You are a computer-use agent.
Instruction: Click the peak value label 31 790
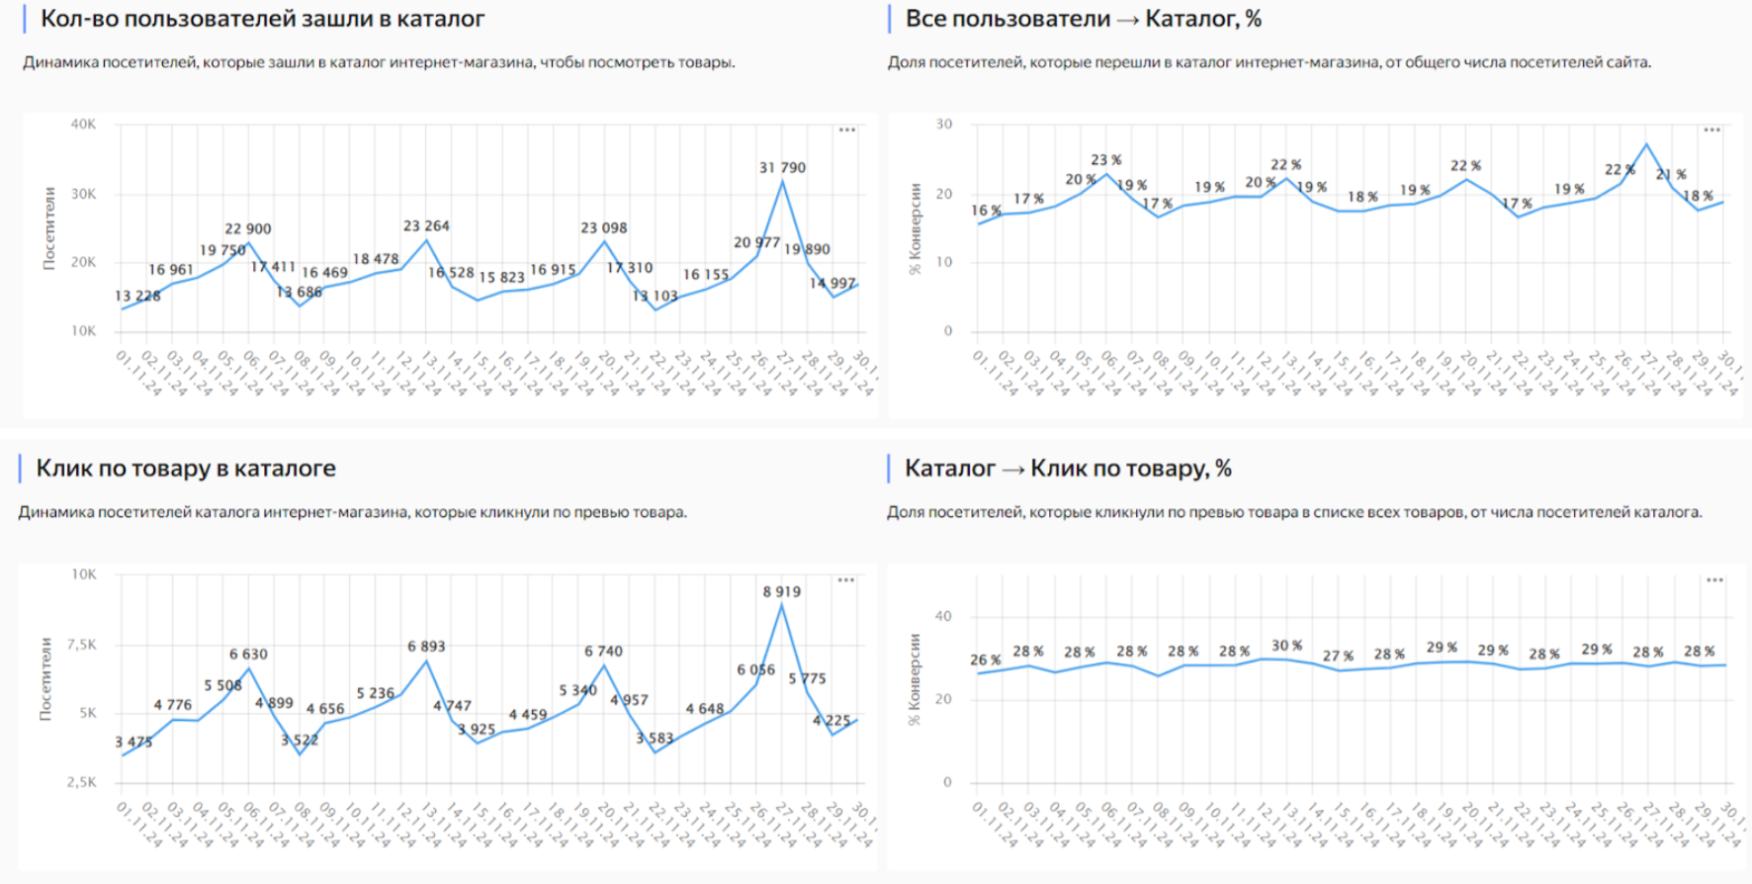(x=782, y=168)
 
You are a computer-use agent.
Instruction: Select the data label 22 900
(x=247, y=228)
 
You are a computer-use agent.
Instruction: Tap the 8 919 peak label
(x=781, y=591)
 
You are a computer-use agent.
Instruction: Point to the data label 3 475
(x=133, y=742)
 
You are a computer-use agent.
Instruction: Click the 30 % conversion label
(x=1286, y=646)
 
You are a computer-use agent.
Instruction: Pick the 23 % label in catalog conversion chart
(x=1105, y=159)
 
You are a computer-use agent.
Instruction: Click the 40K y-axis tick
(x=83, y=125)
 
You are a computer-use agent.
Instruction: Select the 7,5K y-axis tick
(x=81, y=645)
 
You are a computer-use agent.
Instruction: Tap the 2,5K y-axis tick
(x=81, y=782)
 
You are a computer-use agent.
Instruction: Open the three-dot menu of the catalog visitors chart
(x=847, y=130)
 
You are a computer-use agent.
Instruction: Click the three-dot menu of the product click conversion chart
(x=1714, y=580)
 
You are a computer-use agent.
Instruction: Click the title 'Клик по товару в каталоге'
(x=186, y=469)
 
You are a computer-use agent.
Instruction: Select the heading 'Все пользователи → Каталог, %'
(x=1083, y=19)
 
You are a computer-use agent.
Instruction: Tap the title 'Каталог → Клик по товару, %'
(x=1068, y=469)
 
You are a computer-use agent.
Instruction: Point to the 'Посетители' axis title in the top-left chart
(x=49, y=228)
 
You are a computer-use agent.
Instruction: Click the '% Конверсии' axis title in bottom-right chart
(x=915, y=679)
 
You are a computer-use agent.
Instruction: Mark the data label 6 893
(x=426, y=646)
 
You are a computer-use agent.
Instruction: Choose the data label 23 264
(x=426, y=225)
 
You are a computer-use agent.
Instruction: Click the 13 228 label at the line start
(x=137, y=296)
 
